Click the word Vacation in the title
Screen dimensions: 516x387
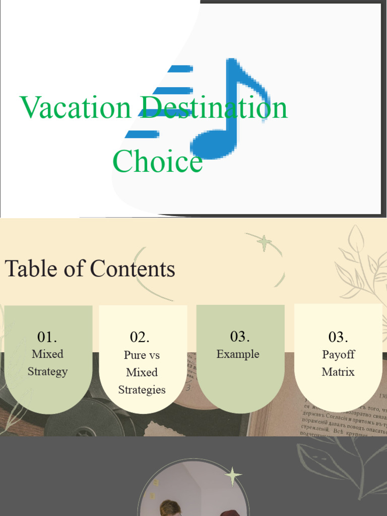[x=75, y=107]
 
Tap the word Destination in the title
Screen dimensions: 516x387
[x=214, y=107]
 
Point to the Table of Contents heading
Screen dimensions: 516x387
[x=90, y=269]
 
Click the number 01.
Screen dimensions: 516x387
[x=47, y=337]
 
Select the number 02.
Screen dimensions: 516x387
[x=140, y=337]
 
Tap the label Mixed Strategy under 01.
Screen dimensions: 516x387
[x=47, y=363]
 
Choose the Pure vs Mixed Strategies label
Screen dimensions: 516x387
[x=142, y=372]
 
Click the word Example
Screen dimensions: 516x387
[x=238, y=354]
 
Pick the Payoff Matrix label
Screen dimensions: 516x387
[x=338, y=363]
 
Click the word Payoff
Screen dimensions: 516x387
[x=338, y=355]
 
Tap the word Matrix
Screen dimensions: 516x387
[x=338, y=372]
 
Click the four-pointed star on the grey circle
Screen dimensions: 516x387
[x=232, y=476]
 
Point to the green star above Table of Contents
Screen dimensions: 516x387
[x=264, y=243]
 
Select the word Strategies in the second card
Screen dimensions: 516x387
[x=142, y=390]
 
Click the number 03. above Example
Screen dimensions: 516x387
[x=240, y=336]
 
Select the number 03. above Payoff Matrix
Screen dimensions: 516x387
[x=338, y=337]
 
